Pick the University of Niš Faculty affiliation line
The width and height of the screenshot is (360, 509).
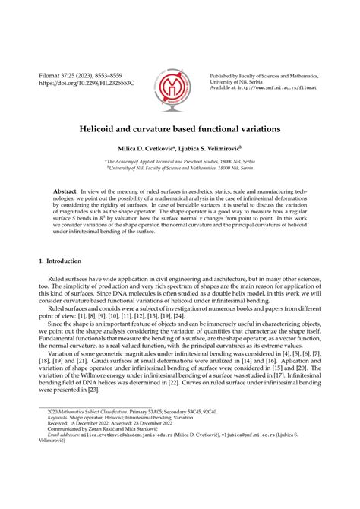[180, 169]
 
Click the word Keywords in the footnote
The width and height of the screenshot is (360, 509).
[58, 438]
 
